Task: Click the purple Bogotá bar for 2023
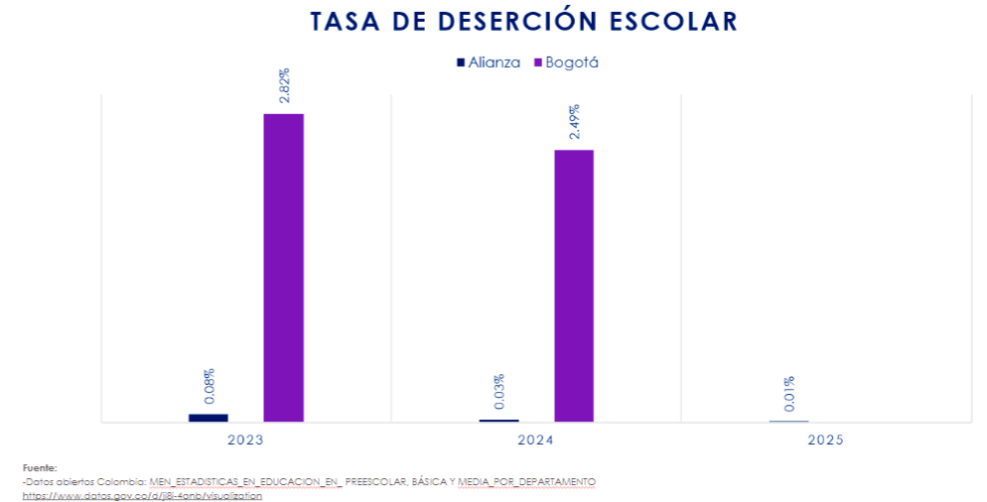click(283, 268)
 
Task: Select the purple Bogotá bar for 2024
click(574, 286)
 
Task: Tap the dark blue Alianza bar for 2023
click(208, 418)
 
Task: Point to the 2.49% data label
click(574, 122)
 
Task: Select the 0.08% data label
click(209, 387)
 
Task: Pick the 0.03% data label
click(498, 392)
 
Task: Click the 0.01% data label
click(788, 394)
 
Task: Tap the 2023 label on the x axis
click(245, 439)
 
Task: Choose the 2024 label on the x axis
click(536, 439)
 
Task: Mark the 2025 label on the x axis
click(826, 439)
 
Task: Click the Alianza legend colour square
click(460, 63)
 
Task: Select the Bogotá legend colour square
click(537, 63)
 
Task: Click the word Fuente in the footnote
click(39, 466)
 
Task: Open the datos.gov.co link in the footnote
click(142, 494)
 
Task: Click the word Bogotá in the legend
click(572, 63)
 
